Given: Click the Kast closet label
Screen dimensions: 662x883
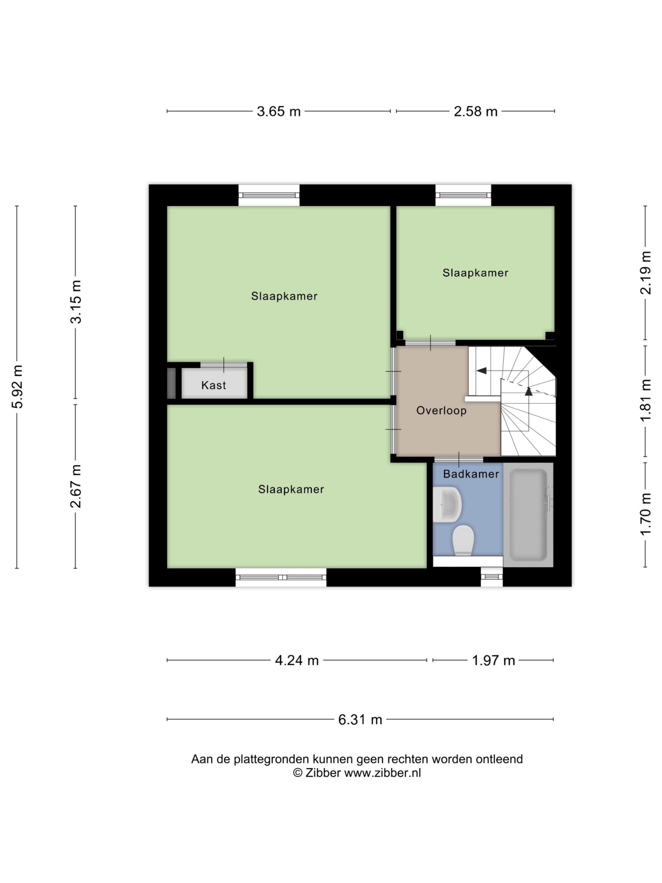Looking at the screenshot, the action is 213,385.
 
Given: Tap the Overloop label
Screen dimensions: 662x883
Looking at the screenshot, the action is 441,411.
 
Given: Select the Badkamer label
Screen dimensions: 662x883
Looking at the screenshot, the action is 471,474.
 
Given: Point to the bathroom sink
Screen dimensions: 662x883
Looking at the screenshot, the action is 447,504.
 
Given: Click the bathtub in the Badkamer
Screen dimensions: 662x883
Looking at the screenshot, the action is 528,515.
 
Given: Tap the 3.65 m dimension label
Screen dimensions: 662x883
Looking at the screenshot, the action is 279,111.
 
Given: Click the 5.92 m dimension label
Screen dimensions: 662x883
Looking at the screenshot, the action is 18,386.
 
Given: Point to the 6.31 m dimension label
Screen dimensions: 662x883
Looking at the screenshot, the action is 360,719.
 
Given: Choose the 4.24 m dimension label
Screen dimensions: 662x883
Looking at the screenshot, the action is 297,660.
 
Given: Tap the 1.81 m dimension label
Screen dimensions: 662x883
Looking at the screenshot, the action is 645,400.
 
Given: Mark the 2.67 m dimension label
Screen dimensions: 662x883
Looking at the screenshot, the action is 76,486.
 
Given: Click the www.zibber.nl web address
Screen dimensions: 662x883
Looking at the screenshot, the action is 382,773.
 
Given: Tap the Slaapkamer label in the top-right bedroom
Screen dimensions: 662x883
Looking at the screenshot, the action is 475,273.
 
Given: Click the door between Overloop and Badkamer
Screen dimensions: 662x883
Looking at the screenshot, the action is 459,459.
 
